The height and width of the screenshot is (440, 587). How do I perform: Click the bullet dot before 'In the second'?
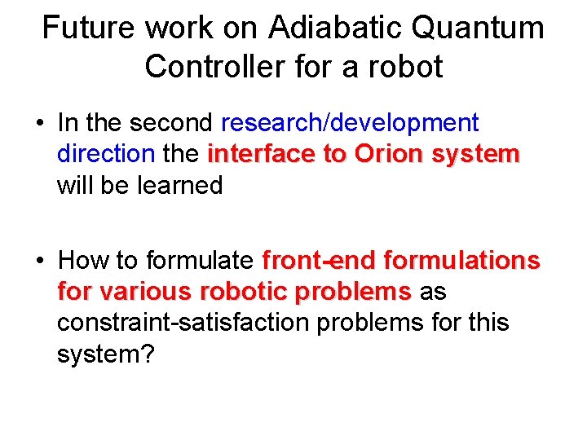coord(39,124)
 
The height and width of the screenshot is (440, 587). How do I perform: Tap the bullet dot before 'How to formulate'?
coord(39,261)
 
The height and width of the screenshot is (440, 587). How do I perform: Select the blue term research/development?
coord(350,123)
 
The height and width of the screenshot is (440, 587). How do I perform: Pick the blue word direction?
coord(106,154)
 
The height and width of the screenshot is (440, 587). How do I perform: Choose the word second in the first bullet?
coord(171,123)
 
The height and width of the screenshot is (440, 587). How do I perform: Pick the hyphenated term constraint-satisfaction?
coord(184,323)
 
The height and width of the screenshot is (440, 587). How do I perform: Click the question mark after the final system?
coord(146,354)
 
